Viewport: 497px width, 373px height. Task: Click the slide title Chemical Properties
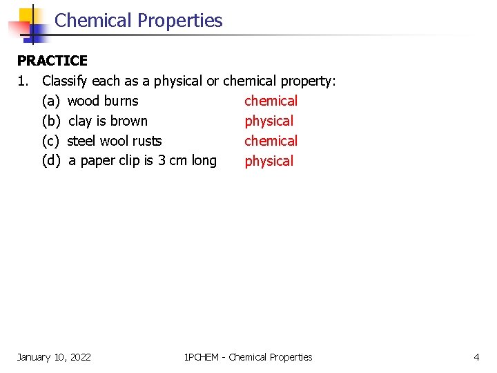tap(138, 21)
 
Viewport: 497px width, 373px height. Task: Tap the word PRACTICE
tap(52, 61)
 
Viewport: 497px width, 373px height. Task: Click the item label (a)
tap(50, 102)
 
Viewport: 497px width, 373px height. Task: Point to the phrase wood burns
tap(103, 102)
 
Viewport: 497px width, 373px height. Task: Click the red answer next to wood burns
tap(271, 102)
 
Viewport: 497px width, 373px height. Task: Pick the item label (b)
tap(50, 122)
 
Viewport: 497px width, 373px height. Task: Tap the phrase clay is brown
tap(108, 122)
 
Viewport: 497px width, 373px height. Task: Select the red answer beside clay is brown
tap(269, 122)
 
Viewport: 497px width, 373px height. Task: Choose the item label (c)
tap(50, 142)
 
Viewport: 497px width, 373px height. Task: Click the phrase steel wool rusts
tap(115, 142)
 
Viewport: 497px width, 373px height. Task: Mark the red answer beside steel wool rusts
tap(271, 142)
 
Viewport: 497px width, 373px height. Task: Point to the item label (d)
tap(50, 162)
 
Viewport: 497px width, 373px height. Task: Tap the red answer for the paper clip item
tap(269, 162)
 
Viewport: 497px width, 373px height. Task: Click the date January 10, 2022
tap(54, 357)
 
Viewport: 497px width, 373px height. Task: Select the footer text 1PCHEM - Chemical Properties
tap(248, 357)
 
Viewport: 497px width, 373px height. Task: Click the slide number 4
tap(476, 357)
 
